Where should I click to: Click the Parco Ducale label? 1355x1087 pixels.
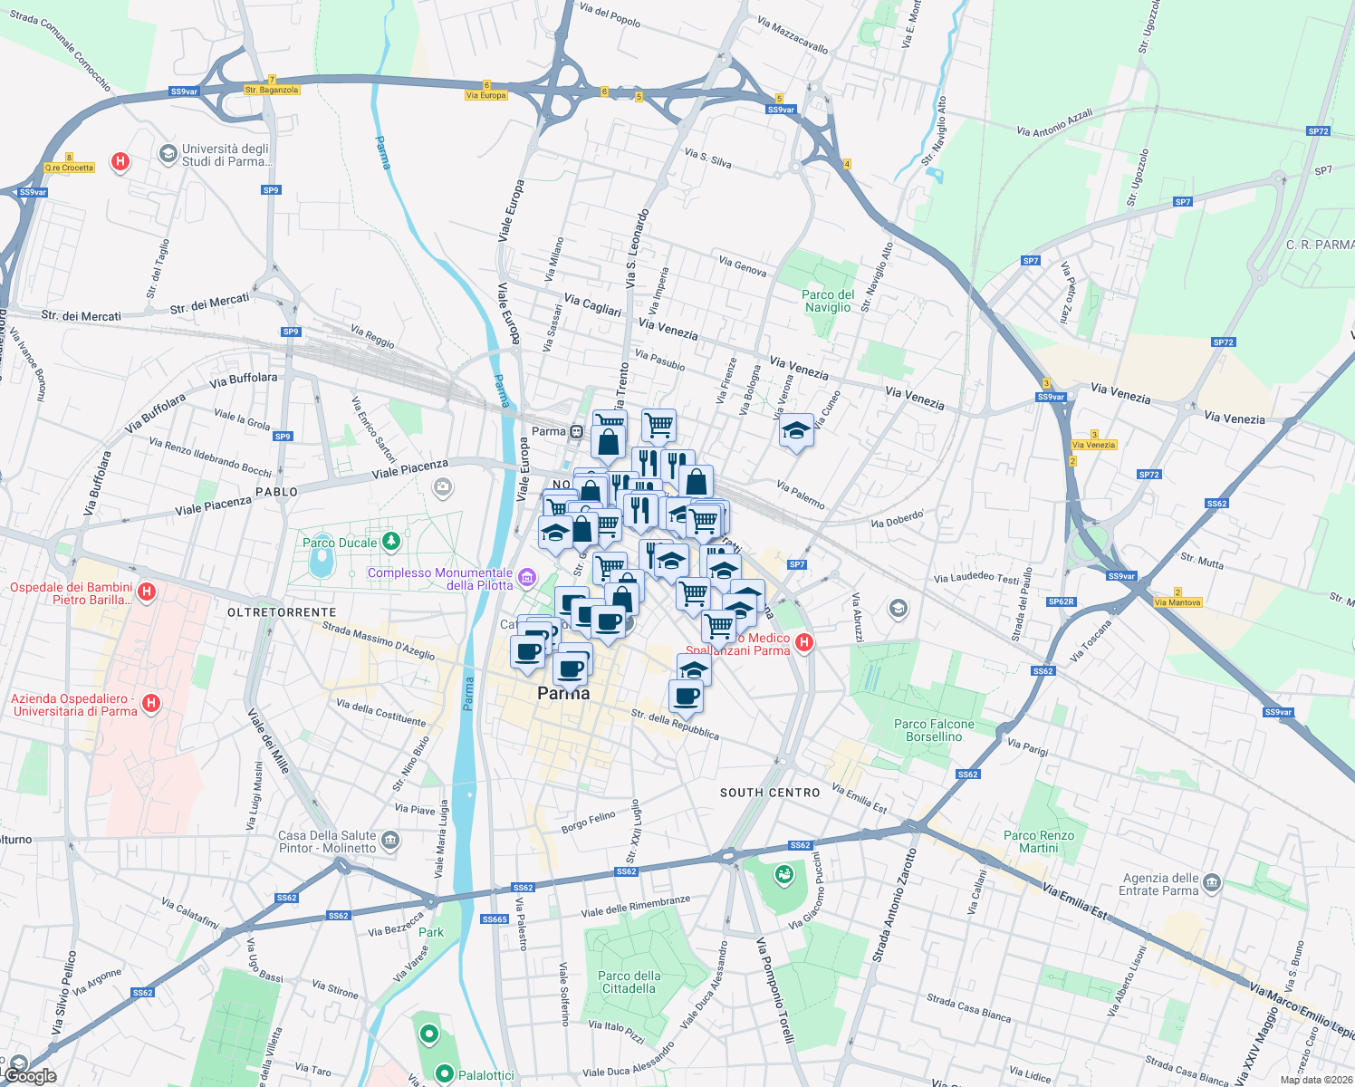click(340, 543)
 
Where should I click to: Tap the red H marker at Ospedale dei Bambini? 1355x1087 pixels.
click(147, 592)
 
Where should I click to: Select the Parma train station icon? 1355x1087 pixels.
click(576, 431)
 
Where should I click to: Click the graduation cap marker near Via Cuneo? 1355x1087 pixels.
click(796, 430)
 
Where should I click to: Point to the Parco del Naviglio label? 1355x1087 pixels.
click(828, 301)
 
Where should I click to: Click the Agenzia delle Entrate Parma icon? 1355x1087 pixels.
click(1213, 883)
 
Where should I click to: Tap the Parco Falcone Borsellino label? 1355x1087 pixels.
click(934, 730)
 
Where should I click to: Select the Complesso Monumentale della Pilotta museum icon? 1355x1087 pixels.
click(526, 576)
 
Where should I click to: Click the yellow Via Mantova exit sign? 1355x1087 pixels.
click(1177, 602)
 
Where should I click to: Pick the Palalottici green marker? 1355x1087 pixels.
click(445, 1074)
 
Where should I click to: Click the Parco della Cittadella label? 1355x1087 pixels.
click(629, 982)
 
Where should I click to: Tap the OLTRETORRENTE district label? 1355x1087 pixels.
click(282, 612)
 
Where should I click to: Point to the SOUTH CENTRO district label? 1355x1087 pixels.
click(770, 793)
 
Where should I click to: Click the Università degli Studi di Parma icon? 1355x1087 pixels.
click(168, 154)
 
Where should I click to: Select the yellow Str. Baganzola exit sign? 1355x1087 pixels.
click(271, 90)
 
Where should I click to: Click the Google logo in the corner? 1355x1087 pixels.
click(30, 1075)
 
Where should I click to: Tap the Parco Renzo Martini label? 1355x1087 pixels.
click(1039, 842)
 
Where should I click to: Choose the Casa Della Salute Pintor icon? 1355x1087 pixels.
click(390, 840)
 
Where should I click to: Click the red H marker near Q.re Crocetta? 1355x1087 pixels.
click(120, 162)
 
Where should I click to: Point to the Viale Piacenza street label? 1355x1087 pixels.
click(409, 468)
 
